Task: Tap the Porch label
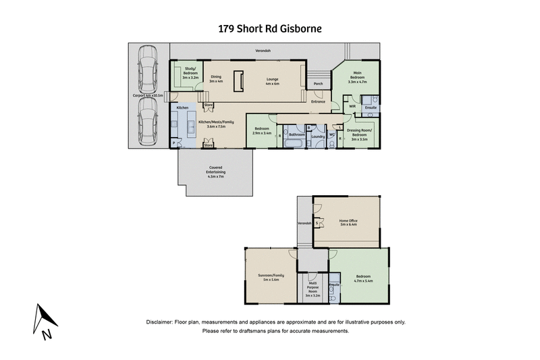tap(318, 84)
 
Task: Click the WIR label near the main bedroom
tap(352, 106)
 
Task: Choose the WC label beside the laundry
tap(332, 134)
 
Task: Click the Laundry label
tap(317, 136)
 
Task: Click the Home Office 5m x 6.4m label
tap(347, 222)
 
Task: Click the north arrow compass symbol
tap(42, 320)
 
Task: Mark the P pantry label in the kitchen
tap(173, 143)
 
